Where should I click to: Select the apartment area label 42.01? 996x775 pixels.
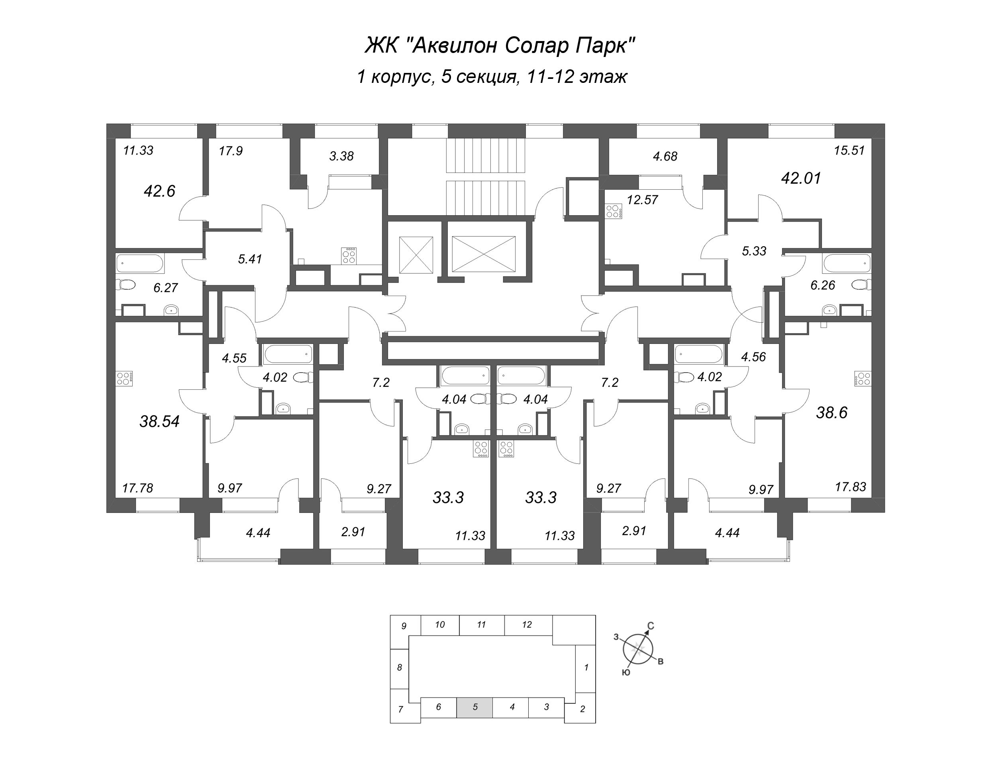(x=801, y=178)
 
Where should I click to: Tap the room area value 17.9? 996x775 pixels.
(x=230, y=151)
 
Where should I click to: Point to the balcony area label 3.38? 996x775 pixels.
(x=341, y=156)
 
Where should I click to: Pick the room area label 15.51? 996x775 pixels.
(x=849, y=150)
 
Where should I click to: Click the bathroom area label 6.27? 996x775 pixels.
(x=166, y=287)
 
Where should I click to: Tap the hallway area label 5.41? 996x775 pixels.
(x=250, y=259)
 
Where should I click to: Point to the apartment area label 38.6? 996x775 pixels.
(x=831, y=412)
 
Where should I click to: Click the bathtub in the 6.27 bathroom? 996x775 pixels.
(x=139, y=264)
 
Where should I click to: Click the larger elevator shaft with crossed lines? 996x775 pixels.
(x=483, y=255)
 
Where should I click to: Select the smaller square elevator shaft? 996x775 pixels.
(x=416, y=255)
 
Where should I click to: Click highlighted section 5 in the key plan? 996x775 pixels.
(x=475, y=707)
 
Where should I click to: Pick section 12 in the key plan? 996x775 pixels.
(x=527, y=624)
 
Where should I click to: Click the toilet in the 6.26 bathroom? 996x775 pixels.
(x=860, y=284)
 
